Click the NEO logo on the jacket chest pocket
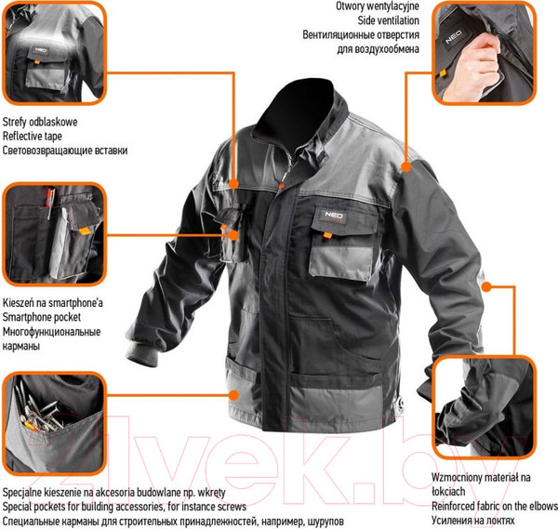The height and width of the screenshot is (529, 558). tap(334, 216)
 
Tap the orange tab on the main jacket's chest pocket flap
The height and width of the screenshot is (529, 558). tap(327, 235)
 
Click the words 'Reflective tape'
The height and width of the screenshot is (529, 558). tap(32, 137)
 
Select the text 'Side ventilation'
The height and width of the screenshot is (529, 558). tap(388, 20)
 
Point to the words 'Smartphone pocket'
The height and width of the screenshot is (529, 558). tap(41, 317)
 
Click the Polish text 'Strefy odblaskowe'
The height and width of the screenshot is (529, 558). tap(40, 122)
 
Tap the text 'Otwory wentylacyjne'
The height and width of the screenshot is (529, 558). tap(378, 7)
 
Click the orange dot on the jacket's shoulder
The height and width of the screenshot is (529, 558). tap(406, 166)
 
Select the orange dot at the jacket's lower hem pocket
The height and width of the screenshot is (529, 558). tap(233, 395)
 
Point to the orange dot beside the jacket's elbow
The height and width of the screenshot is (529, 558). tap(486, 286)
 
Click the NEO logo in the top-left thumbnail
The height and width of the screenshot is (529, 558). tap(40, 50)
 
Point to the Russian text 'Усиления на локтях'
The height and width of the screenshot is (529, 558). tap(473, 521)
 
